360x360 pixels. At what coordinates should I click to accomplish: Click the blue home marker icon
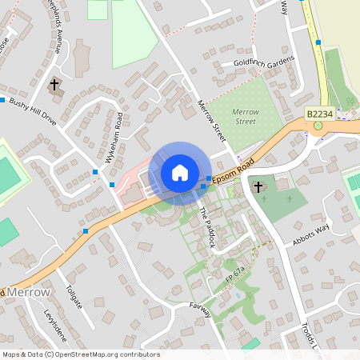coord(180,172)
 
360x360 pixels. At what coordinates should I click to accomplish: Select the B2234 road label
coord(318,115)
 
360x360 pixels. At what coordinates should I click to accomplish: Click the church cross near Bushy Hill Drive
coord(55,84)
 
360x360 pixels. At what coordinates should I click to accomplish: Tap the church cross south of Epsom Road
coord(258,187)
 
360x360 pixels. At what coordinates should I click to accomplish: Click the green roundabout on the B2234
coord(318,125)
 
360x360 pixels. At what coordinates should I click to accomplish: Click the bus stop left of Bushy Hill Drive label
coord(2,100)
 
